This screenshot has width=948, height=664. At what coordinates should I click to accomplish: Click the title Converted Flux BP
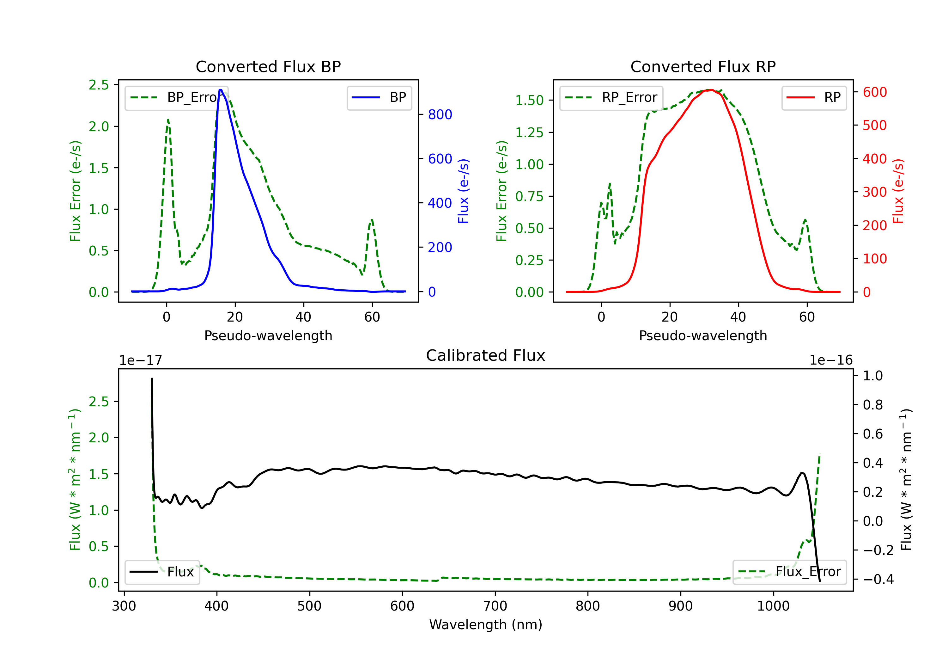268,66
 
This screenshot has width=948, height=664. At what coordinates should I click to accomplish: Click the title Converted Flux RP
703,66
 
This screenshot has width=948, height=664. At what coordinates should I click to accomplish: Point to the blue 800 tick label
440,114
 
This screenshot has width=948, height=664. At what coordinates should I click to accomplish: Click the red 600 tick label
874,92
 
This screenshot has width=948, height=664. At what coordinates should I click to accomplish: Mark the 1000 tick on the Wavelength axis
773,606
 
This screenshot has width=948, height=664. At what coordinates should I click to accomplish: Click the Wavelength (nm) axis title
486,624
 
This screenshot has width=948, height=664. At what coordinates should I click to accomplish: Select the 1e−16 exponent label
831,360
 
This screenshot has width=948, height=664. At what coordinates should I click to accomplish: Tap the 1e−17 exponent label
140,360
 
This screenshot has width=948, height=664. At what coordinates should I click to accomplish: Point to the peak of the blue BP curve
221,90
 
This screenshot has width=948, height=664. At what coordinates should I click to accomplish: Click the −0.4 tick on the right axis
878,579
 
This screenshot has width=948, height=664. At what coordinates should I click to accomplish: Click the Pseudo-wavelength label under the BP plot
268,335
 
